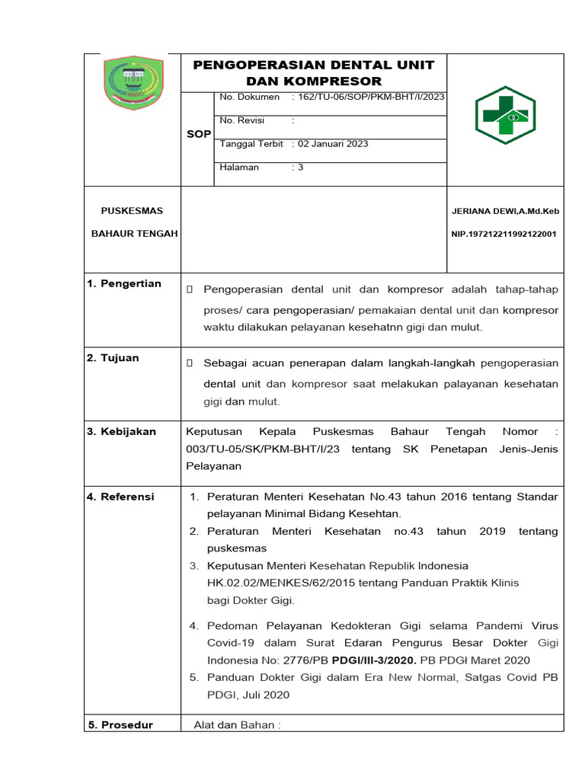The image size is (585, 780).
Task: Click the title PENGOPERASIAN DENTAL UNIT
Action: pos(313,65)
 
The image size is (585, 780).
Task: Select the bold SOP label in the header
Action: pos(199,134)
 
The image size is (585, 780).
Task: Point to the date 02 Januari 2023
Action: pos(332,144)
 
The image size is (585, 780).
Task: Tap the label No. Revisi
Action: pos(239,120)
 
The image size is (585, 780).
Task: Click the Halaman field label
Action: pos(240,167)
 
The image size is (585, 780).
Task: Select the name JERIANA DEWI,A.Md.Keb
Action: pos(505,211)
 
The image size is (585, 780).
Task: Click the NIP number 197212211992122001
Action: pos(503,234)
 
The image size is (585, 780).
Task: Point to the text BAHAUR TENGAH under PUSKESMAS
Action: pos(134,234)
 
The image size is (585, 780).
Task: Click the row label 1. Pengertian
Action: pos(123,284)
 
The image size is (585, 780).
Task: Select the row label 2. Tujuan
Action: pos(113,358)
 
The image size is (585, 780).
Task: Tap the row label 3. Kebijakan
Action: pos(121,432)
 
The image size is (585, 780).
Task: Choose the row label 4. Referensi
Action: pos(120,497)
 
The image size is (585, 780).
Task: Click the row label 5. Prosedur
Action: pos(120,725)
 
